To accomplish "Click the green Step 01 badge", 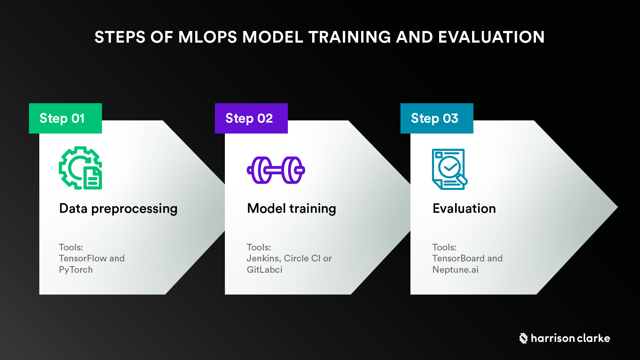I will pos(65,118).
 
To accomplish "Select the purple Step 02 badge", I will pos(251,118).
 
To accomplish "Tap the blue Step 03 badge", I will pos(437,118).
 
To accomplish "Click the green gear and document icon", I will pos(80,168).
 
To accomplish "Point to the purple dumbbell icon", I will pos(276,170).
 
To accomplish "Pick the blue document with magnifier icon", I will pos(449,169).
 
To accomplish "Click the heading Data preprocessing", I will pos(118,209).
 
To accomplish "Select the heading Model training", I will pos(292,209).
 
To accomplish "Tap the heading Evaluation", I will pos(464,209).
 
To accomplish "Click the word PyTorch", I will pos(76,270).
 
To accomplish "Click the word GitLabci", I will pos(264,270).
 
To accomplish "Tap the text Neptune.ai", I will pos(455,270).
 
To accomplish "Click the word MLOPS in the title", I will pos(207,37).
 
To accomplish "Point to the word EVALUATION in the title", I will pos(491,37).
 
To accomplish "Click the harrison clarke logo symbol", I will pos(523,338).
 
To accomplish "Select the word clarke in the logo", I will pos(593,338).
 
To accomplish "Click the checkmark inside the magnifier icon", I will pos(449,167).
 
